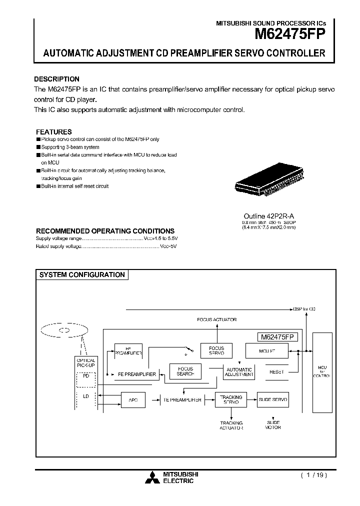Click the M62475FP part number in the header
coord(290,34)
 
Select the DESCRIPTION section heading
coord(56,79)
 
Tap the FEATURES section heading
coord(53,132)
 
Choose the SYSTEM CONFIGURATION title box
coord(82,275)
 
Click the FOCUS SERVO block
coord(216,350)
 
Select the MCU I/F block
coord(266,350)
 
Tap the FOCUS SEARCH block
coord(185,371)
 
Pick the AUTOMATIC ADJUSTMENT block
coord(239,371)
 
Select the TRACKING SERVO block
coord(231,399)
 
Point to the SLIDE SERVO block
coord(273,399)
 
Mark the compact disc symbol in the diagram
coord(63,330)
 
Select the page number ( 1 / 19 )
coord(313,475)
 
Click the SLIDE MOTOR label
coord(273,425)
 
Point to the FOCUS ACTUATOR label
coord(217,319)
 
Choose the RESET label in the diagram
coord(276,371)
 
